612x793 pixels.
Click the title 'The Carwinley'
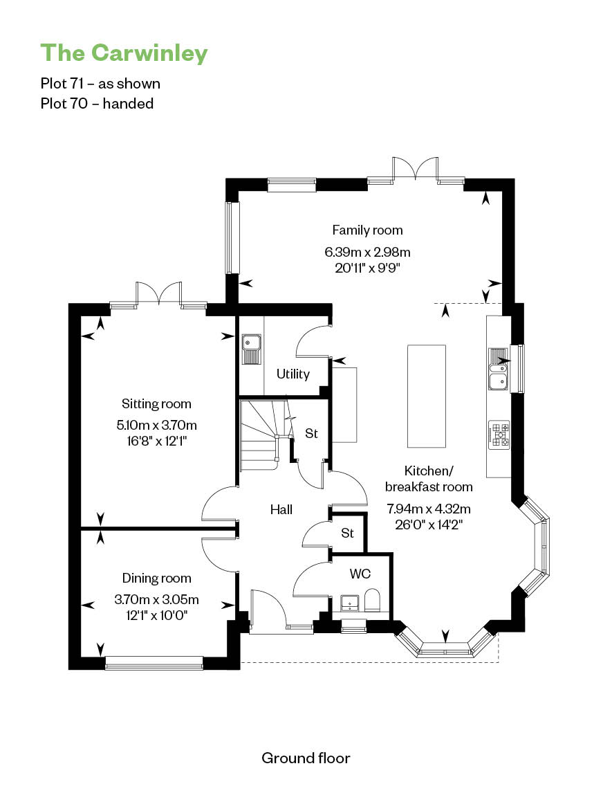tap(124, 53)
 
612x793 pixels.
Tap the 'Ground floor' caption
tap(306, 758)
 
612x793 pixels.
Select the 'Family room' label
tap(367, 230)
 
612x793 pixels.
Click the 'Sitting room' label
tap(156, 404)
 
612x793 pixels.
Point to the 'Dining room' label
tap(157, 578)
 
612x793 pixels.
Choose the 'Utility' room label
tap(293, 374)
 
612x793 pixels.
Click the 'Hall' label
tap(281, 509)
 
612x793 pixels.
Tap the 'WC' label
tap(360, 574)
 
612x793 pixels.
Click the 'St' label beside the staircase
tap(311, 433)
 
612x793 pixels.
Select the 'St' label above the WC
tap(347, 533)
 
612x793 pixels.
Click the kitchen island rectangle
tap(427, 396)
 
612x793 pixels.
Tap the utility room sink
tap(251, 349)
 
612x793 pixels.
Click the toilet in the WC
tap(373, 600)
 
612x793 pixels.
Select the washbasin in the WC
tap(349, 603)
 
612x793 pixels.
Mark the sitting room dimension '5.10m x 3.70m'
tap(157, 426)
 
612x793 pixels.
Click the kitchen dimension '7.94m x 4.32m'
tap(429, 509)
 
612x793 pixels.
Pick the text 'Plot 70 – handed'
tap(97, 104)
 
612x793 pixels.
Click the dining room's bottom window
tap(154, 663)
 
